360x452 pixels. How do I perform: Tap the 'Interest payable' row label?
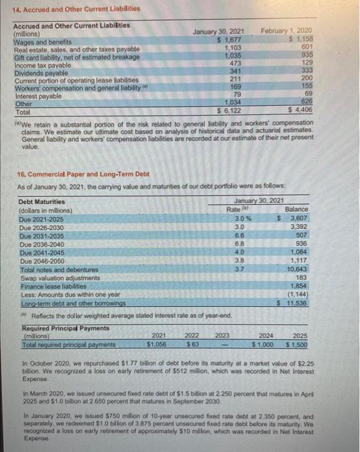click(x=37, y=94)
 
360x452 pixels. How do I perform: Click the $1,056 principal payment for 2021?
click(x=158, y=344)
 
